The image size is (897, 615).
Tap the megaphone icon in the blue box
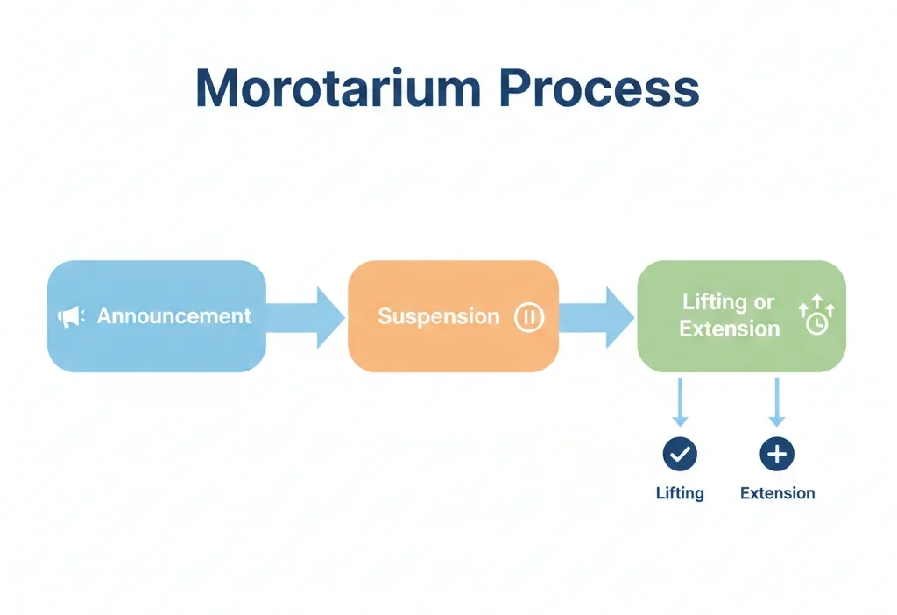(x=71, y=316)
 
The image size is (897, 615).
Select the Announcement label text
(x=173, y=316)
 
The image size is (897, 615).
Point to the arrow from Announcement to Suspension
(x=306, y=316)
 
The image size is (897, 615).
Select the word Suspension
(x=438, y=316)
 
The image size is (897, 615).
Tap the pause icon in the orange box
(x=528, y=317)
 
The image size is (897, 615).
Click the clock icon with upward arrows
(x=816, y=316)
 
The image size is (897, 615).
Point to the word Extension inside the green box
(x=729, y=329)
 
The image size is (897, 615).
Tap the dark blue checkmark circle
(x=680, y=454)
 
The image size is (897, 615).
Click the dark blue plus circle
(x=776, y=454)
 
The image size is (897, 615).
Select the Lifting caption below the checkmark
(x=680, y=493)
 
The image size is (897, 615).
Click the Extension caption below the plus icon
(x=777, y=493)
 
